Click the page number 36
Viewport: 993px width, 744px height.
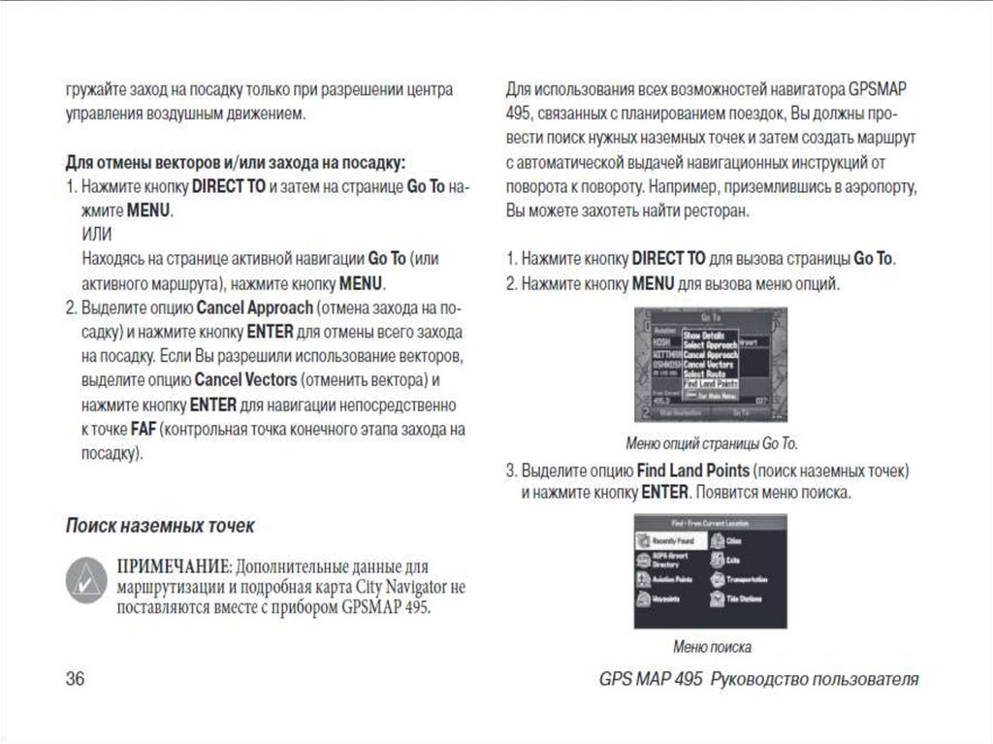click(x=75, y=679)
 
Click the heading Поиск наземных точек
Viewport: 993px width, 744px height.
click(x=160, y=526)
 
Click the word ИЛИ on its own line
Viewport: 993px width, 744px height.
click(x=97, y=234)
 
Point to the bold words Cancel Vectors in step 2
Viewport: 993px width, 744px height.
click(x=244, y=379)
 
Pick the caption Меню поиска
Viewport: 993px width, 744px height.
click(x=712, y=647)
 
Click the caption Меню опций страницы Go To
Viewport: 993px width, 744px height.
click(x=712, y=444)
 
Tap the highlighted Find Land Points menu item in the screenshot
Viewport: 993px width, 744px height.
click(x=711, y=384)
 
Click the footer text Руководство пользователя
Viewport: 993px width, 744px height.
click(x=815, y=679)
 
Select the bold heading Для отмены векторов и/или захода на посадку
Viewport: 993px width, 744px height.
click(x=235, y=161)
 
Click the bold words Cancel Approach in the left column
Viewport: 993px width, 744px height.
click(x=255, y=308)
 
